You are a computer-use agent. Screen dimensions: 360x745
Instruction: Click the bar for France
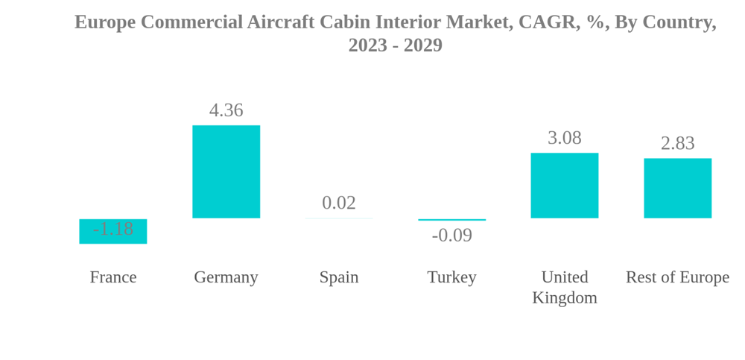pyautogui.click(x=112, y=238)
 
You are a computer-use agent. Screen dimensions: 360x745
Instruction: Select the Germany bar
pyautogui.click(x=226, y=171)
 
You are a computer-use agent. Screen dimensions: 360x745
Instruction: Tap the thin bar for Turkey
pyautogui.click(x=451, y=220)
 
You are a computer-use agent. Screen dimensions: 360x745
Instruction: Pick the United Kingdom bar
pyautogui.click(x=564, y=186)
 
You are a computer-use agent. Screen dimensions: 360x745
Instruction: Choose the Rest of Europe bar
pyautogui.click(x=677, y=188)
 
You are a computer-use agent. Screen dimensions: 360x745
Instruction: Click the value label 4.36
pyautogui.click(x=226, y=110)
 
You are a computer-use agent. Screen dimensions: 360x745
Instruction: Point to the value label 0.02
pyautogui.click(x=339, y=203)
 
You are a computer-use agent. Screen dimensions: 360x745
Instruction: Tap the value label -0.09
pyautogui.click(x=451, y=236)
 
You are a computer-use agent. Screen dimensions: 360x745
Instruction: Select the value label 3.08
pyautogui.click(x=564, y=138)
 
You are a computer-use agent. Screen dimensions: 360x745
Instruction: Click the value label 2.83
pyautogui.click(x=677, y=143)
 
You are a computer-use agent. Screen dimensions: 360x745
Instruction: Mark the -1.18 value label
pyautogui.click(x=112, y=229)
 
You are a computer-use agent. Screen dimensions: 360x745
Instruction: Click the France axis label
pyautogui.click(x=112, y=277)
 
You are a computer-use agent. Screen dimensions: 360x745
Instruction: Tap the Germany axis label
pyautogui.click(x=226, y=277)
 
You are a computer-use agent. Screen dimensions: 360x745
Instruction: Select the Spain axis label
pyautogui.click(x=339, y=277)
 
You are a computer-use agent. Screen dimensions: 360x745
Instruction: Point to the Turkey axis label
pyautogui.click(x=451, y=277)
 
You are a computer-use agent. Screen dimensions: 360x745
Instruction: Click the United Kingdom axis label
pyautogui.click(x=564, y=287)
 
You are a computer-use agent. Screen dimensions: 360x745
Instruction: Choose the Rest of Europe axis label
pyautogui.click(x=677, y=277)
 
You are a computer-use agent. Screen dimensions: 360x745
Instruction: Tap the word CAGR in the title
pyautogui.click(x=545, y=22)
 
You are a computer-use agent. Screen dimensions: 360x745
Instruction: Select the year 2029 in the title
pyautogui.click(x=422, y=45)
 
